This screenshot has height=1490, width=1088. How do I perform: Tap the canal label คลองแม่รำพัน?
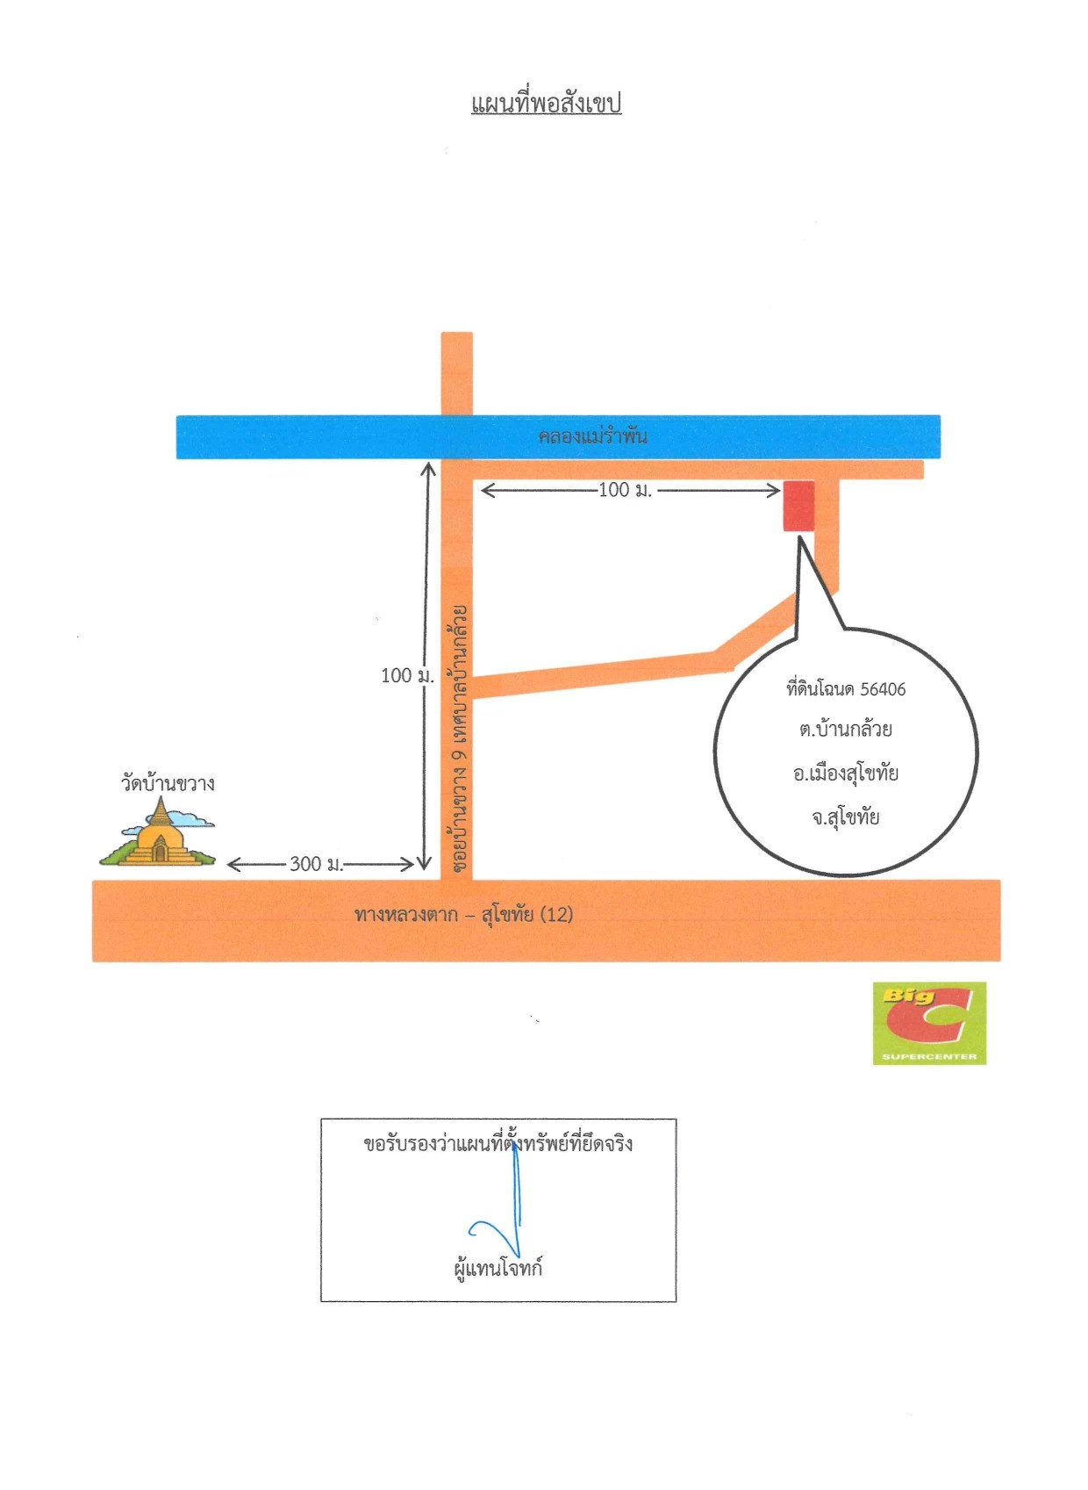pos(592,436)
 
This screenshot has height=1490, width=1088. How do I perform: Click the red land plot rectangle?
pos(798,507)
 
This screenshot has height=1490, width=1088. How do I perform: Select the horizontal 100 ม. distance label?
pos(625,490)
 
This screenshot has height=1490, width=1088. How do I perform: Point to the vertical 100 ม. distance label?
pos(407,676)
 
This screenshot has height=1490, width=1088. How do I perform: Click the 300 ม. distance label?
pos(317,864)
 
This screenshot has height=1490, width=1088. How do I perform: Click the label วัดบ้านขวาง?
pos(168,783)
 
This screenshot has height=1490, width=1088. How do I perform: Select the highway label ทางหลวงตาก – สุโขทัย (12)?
pos(464,915)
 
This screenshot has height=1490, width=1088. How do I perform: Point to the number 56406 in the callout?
pos(883,689)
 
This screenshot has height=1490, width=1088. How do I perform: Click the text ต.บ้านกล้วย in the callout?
pos(846,730)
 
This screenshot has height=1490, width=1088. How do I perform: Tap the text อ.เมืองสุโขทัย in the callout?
pos(846,774)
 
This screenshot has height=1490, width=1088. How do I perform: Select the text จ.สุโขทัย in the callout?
pos(846,817)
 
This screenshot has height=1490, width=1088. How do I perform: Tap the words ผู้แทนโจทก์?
pos(497,1267)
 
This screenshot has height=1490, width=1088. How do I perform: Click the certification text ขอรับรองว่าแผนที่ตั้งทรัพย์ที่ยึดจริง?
pos(497,1144)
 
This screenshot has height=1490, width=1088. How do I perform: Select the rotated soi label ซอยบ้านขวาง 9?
pos(460,811)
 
